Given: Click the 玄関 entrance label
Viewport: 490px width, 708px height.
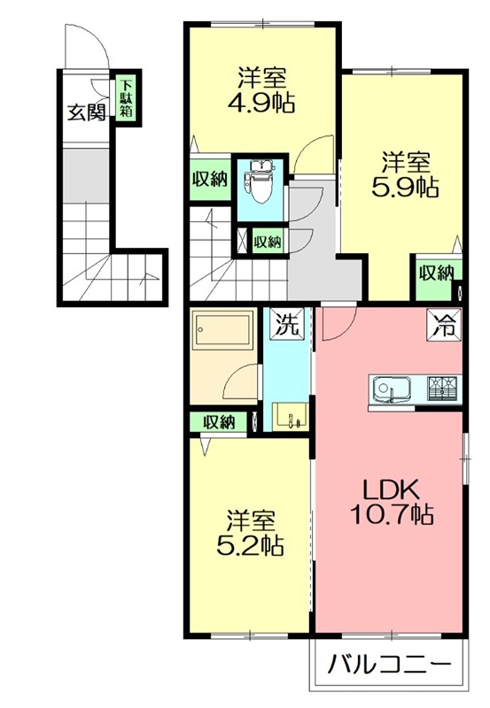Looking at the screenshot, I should tap(87, 112).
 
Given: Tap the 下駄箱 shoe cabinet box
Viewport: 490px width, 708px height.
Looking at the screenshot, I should tap(127, 99).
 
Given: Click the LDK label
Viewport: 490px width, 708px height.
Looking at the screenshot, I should tap(388, 489).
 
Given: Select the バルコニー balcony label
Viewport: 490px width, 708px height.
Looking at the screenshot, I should tap(387, 664).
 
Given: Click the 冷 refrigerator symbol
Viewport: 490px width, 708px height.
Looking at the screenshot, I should tap(446, 324).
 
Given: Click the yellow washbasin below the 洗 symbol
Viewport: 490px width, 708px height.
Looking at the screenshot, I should tap(290, 414).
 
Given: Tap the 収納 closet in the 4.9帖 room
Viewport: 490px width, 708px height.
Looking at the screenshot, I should tap(209, 179).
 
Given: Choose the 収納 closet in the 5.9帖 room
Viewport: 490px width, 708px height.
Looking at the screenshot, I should tap(436, 273).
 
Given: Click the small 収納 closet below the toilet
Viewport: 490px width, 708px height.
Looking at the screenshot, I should tap(268, 241).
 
